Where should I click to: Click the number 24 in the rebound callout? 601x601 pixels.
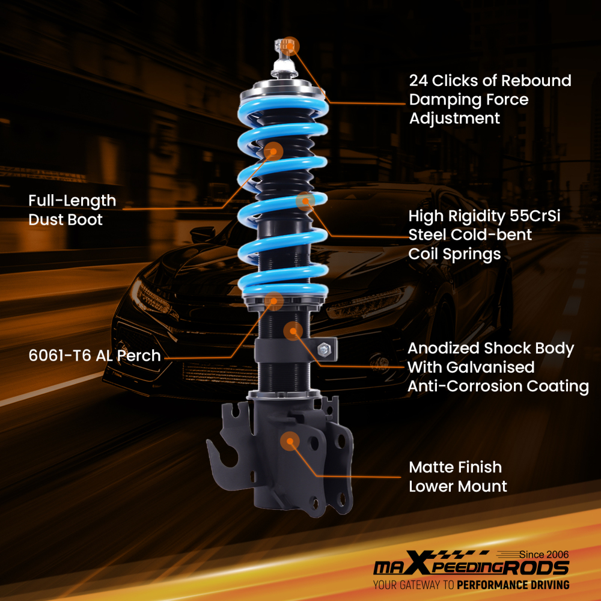coord(419,81)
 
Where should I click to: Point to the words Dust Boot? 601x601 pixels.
coord(66,220)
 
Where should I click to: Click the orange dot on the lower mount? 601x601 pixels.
coord(290,441)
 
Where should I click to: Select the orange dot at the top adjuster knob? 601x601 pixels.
coord(291,46)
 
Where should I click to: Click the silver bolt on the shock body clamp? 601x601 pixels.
coord(323,347)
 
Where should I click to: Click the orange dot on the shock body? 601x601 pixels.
coord(293,330)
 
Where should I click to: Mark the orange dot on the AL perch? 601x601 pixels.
coord(274,300)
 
